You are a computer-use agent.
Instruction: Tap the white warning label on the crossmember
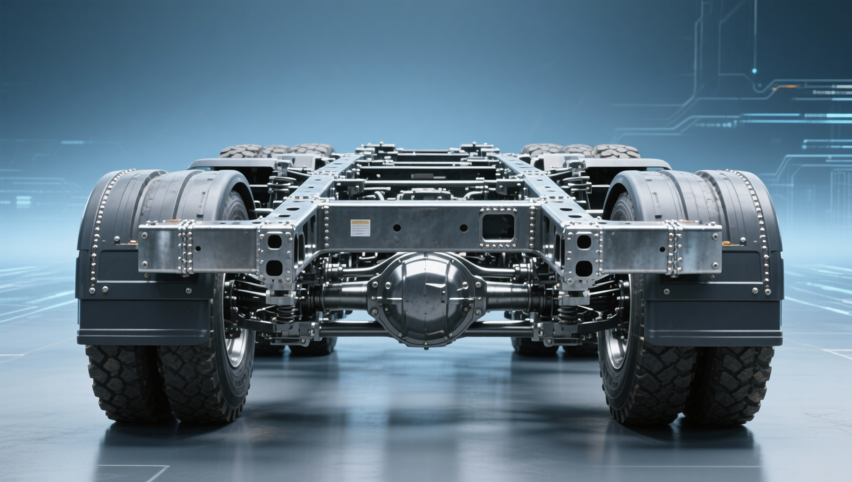coord(360,227)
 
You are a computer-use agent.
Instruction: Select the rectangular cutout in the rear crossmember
coord(498,226)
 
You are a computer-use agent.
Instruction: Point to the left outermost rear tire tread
coord(121,382)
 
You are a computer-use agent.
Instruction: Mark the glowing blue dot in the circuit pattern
coord(755,71)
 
